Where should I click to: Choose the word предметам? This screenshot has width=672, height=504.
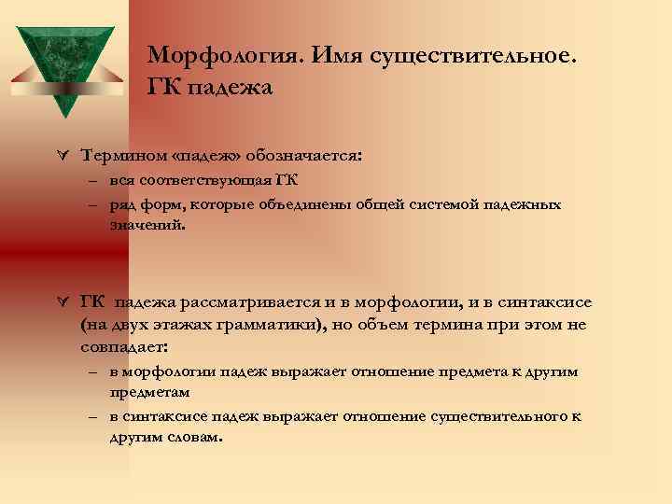point(149,392)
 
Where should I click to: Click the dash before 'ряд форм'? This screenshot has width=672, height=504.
point(95,204)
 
